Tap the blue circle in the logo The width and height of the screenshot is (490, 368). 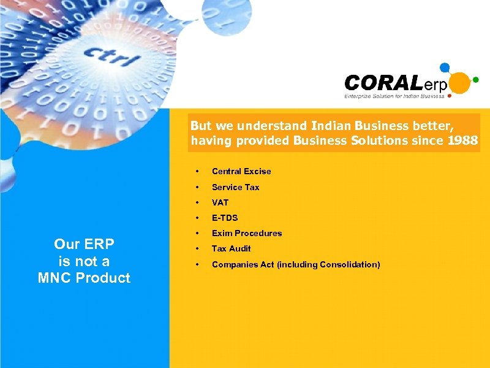(x=445, y=67)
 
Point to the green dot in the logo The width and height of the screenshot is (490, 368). (x=475, y=79)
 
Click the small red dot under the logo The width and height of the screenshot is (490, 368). (x=450, y=96)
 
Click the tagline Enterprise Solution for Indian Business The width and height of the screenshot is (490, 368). (x=394, y=96)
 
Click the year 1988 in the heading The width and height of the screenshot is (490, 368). (x=462, y=141)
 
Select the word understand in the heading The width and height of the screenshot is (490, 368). (x=271, y=126)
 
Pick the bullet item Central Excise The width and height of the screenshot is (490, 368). (x=241, y=171)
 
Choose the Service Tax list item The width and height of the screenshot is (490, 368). (x=235, y=187)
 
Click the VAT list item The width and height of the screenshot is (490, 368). (x=220, y=202)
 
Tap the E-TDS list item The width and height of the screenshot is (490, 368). (x=225, y=218)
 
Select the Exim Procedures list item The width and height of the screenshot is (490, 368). (x=247, y=233)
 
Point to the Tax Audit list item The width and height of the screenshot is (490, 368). (x=231, y=248)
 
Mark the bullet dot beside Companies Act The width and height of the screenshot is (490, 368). (x=197, y=265)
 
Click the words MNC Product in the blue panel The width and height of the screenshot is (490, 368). (x=84, y=278)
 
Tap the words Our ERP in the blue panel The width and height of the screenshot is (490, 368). (x=84, y=244)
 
